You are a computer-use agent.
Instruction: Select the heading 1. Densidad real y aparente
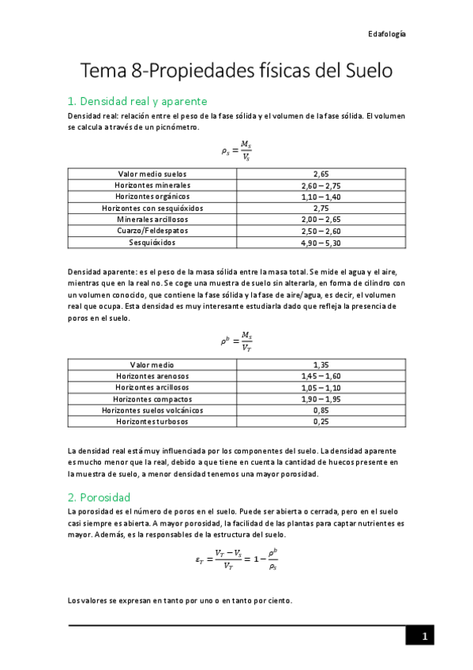tap(137, 101)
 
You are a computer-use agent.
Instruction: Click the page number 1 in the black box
tap(424, 636)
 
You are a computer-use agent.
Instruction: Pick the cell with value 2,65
tap(321, 173)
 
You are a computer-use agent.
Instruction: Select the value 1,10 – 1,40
tap(321, 196)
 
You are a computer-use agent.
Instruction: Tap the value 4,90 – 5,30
tap(321, 242)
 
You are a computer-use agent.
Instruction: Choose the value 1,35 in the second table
tap(321, 365)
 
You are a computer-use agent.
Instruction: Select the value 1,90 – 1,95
tap(321, 399)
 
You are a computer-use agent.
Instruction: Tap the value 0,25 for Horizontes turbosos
tap(321, 422)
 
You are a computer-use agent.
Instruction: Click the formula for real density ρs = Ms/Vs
tap(236, 150)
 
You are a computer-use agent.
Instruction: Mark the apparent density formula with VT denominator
tap(236, 341)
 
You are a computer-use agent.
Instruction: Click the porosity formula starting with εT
tap(236, 560)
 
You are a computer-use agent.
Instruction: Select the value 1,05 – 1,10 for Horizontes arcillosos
tap(321, 388)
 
